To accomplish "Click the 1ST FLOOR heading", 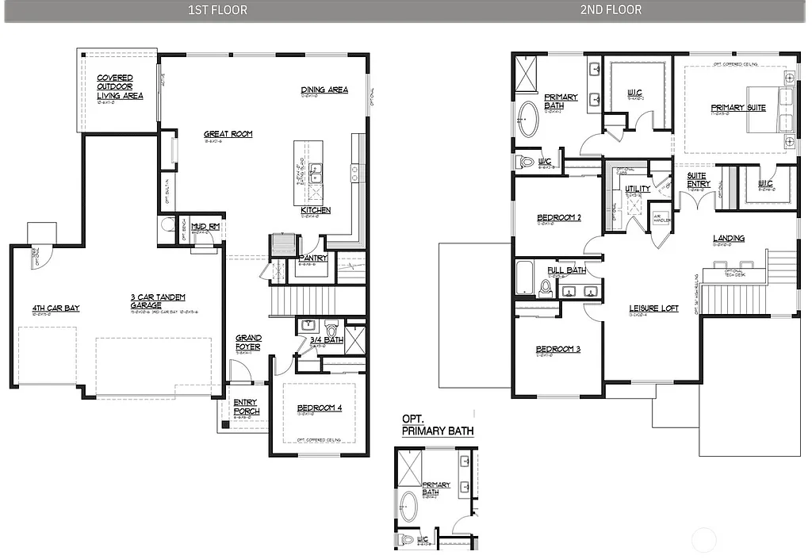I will click(x=218, y=10).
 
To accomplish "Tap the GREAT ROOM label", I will click(x=228, y=134).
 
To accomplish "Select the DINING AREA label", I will click(x=324, y=90).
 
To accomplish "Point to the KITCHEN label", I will click(x=316, y=210).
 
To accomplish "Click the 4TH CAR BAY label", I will click(x=56, y=308).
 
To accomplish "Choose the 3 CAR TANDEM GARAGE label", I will click(x=158, y=301).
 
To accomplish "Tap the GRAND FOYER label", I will click(x=248, y=343).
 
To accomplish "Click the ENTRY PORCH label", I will click(x=246, y=407).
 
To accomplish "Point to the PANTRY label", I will click(x=313, y=258).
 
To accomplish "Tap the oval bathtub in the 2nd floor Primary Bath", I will click(x=529, y=119).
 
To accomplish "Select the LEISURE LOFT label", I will click(x=653, y=308).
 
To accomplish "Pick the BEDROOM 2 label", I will click(x=559, y=217).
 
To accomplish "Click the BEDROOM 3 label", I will click(x=557, y=349).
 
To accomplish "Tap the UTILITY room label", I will click(x=638, y=189).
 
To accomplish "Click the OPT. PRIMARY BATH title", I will click(x=438, y=425).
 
